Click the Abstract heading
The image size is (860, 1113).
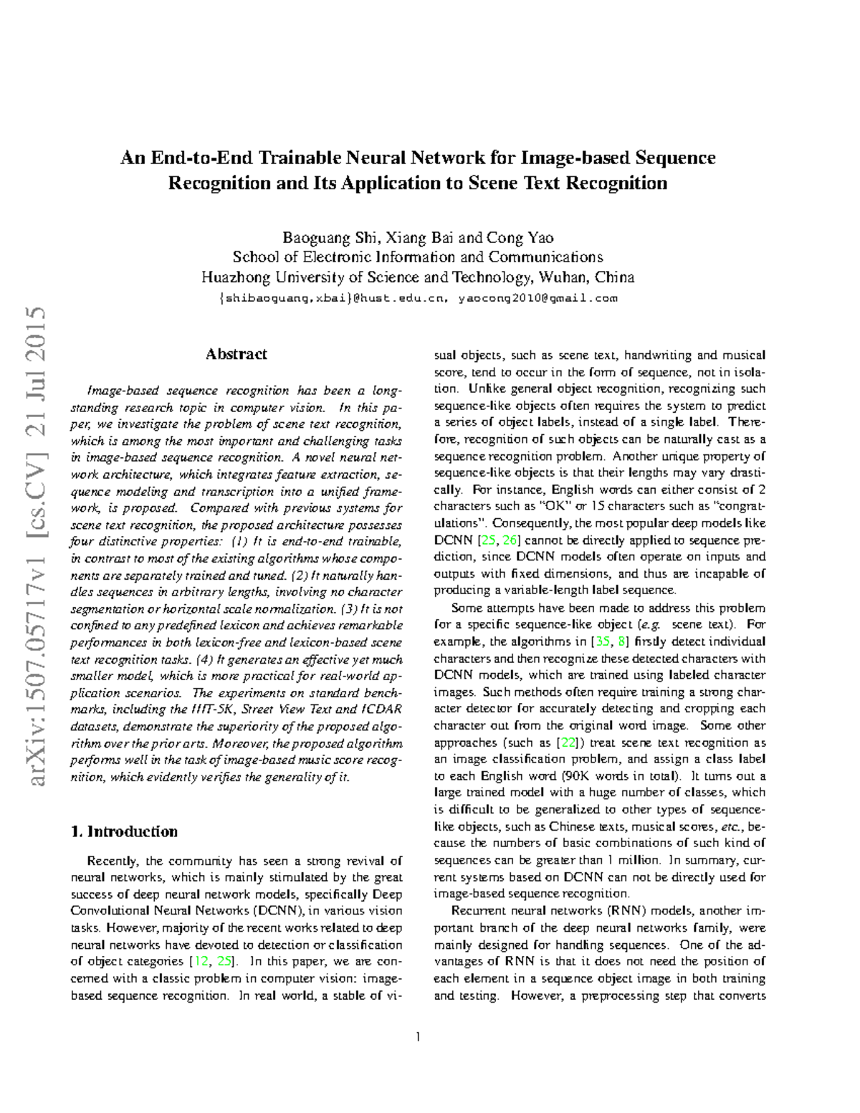click(236, 354)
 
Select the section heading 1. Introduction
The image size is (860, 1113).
click(125, 831)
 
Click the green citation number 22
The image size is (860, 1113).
click(565, 742)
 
